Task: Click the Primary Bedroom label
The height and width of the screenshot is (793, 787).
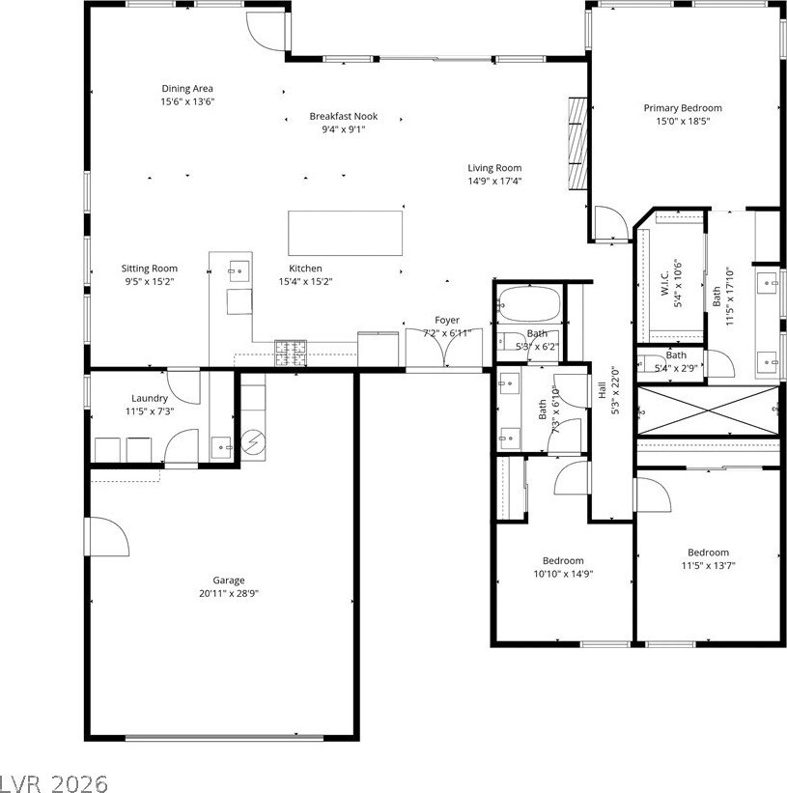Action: click(x=683, y=108)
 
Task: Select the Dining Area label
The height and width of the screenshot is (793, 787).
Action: click(x=187, y=89)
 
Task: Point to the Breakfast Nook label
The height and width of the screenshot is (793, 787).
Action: click(x=343, y=116)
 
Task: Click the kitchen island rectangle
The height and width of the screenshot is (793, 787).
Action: click(x=346, y=232)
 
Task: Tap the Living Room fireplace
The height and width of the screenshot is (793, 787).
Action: click(x=576, y=145)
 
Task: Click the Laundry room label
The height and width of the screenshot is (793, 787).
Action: click(x=150, y=398)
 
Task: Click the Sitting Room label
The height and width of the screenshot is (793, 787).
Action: click(x=150, y=269)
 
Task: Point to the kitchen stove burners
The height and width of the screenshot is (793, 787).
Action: click(x=290, y=353)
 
